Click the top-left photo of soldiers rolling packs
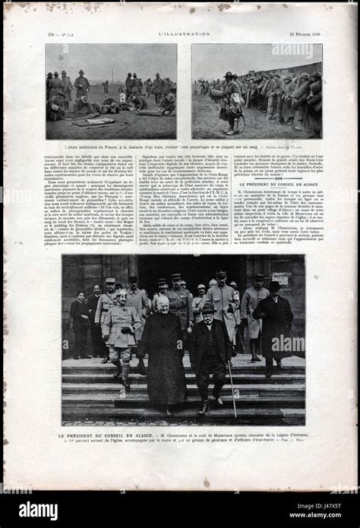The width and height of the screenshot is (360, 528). (111, 91)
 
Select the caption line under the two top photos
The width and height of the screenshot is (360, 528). (152, 146)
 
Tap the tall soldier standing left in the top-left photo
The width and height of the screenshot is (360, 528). (80, 85)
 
